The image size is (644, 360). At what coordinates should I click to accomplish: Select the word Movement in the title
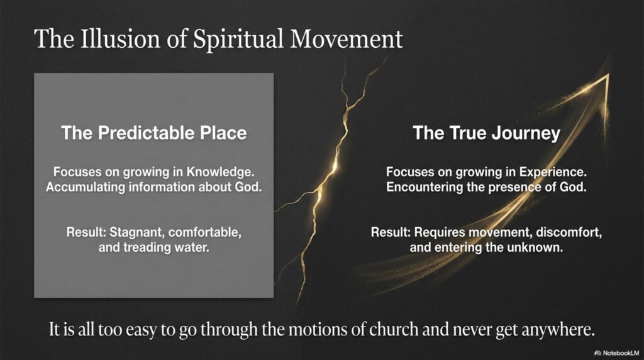347,39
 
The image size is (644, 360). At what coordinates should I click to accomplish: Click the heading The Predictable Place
154,133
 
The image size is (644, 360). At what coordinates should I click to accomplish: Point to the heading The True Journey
486,133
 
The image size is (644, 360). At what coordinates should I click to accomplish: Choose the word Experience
553,172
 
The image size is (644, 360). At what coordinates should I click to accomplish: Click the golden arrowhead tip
608,74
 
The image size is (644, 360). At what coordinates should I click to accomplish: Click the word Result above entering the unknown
391,233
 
